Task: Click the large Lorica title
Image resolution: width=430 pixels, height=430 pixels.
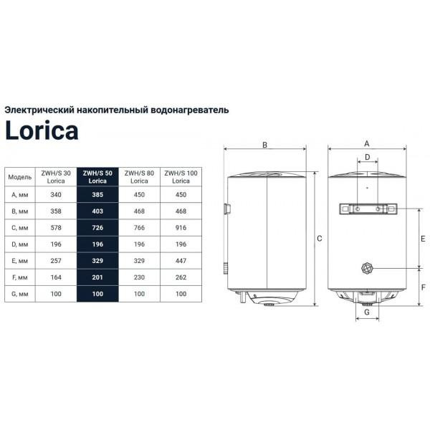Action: coord(42,130)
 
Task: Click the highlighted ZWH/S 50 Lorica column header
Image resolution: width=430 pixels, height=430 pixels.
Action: coord(97,177)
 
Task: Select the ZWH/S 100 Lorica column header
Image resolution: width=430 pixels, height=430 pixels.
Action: coord(181,177)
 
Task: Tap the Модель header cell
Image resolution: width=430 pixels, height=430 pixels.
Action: coord(20,177)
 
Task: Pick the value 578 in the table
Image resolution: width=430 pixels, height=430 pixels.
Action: coord(56,228)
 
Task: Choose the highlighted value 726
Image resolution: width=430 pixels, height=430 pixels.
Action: coord(97,228)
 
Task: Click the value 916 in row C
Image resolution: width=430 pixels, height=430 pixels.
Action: coord(181,228)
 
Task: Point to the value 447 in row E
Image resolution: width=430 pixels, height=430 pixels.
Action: coord(181,261)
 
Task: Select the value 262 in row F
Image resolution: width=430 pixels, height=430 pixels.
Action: coord(181,277)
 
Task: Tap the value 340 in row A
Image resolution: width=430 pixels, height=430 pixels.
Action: coord(56,195)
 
